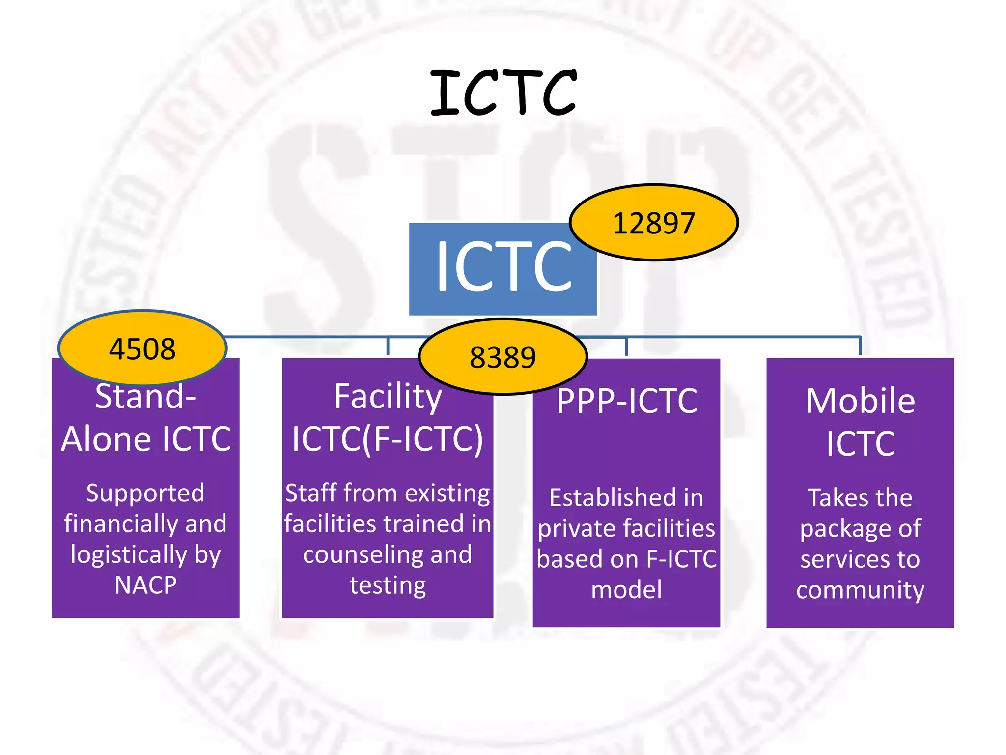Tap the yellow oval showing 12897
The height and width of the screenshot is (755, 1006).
coord(653,223)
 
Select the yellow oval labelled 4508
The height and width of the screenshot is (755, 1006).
coord(142,348)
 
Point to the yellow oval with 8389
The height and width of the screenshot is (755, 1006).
coord(503,357)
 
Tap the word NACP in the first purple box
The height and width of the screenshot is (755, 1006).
coord(145,585)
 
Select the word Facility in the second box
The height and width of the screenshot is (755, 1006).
coord(388,396)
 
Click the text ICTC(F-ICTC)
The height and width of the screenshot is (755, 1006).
coord(388,439)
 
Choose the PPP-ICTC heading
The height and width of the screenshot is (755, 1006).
coord(627,401)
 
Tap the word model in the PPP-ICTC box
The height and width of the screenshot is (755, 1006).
coord(626,589)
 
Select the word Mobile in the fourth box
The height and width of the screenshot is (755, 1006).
coord(860,401)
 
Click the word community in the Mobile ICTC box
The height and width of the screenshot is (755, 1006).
coord(860,590)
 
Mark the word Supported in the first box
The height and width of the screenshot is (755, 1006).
coord(145,493)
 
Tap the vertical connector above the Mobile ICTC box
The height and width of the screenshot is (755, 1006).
coord(860,346)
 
